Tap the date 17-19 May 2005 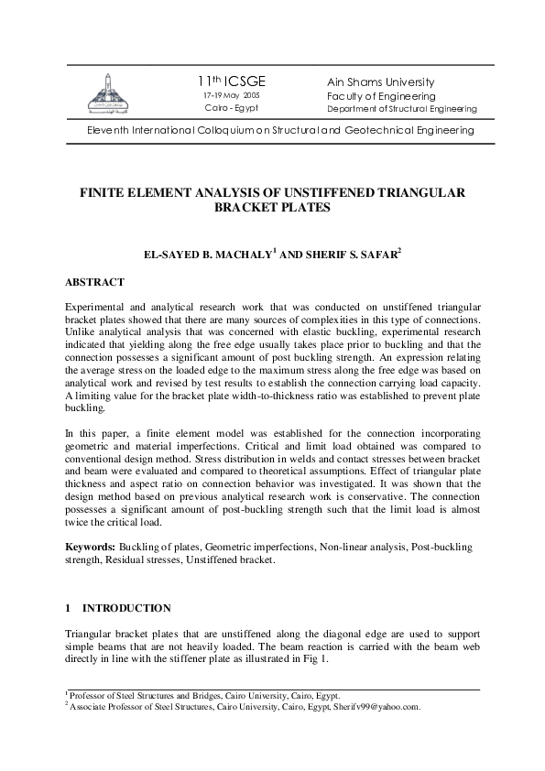[x=231, y=95]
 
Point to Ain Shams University [x=381, y=82]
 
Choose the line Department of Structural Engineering [x=401, y=109]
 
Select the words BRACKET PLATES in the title [x=272, y=209]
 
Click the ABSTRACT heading [x=95, y=282]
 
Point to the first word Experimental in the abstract [x=94, y=304]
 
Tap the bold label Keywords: [x=90, y=547]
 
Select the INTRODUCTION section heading [x=126, y=608]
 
